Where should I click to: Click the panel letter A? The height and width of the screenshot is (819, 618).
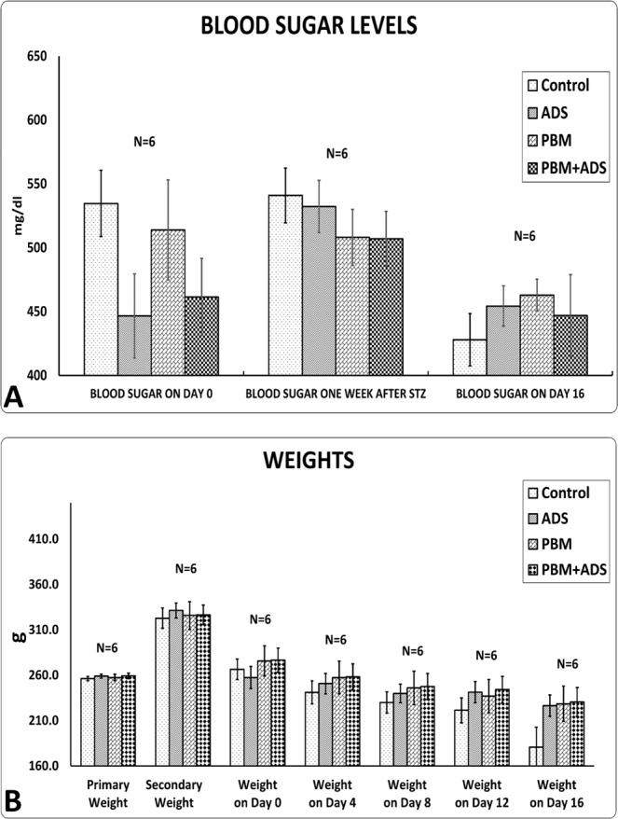click(14, 398)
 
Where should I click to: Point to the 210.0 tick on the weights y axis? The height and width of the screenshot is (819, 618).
click(43, 721)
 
